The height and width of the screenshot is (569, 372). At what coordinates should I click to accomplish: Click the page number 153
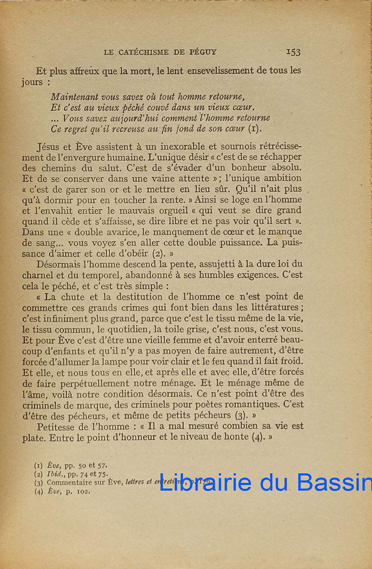click(293, 52)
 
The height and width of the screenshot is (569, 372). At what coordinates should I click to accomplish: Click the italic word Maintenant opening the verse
click(74, 96)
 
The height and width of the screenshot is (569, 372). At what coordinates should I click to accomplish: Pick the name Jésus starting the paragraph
click(48, 147)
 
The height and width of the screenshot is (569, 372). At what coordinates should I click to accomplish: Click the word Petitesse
click(59, 426)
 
